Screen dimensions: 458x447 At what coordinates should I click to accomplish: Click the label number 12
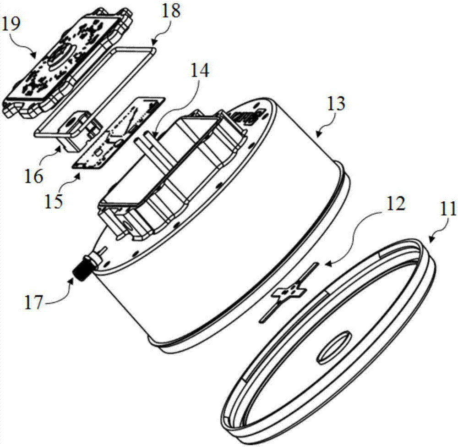click(396, 203)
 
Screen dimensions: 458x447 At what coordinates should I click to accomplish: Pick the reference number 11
click(447, 209)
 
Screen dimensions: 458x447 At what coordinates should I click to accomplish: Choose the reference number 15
click(54, 201)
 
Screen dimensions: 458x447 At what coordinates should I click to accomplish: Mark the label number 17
click(33, 303)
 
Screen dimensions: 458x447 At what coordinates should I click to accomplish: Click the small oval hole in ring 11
click(333, 348)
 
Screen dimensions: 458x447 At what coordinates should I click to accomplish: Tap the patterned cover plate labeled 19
click(68, 62)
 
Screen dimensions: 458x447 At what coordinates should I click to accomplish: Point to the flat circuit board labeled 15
click(118, 133)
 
